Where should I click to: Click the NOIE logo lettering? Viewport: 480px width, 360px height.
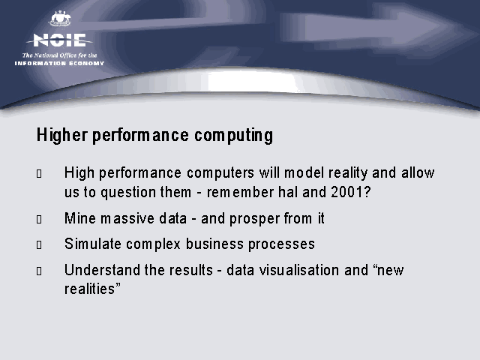click(59, 40)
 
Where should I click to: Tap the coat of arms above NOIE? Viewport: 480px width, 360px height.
click(60, 19)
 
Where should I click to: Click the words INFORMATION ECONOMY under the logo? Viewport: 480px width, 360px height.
click(59, 63)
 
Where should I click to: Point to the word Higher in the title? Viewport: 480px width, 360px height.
click(62, 135)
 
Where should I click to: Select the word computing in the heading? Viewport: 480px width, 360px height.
click(233, 136)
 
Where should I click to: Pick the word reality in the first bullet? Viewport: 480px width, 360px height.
click(348, 173)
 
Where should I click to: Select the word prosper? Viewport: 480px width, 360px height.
click(254, 219)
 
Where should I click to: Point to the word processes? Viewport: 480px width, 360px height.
click(281, 244)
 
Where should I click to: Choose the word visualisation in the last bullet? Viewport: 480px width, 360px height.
click(299, 270)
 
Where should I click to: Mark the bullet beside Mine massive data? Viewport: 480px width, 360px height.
click(39, 219)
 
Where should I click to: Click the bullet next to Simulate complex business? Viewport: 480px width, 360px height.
click(39, 245)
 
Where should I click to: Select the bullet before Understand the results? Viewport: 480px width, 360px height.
click(39, 271)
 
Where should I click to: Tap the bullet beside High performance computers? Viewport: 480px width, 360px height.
click(39, 173)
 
